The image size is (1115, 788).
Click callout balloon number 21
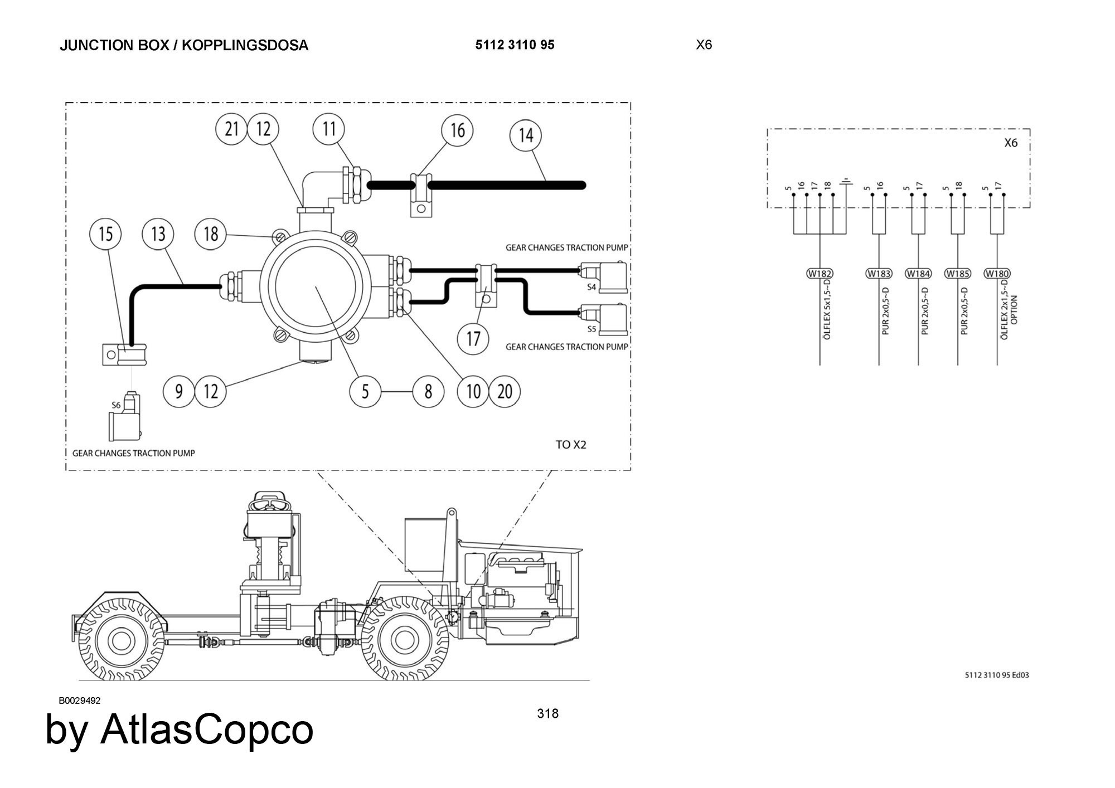pos(231,129)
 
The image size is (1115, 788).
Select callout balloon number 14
pos(526,135)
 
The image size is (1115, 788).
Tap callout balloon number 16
pos(457,130)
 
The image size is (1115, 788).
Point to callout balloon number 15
pos(106,234)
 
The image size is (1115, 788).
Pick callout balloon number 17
pos(473,338)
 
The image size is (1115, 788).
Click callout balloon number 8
pos(428,391)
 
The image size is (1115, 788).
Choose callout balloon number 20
pos(505,391)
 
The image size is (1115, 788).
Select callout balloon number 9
pos(179,391)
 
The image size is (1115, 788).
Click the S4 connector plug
pos(604,276)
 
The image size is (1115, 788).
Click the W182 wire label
pos(820,274)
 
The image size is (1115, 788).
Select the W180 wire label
pos(997,274)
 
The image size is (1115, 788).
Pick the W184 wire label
pos(918,274)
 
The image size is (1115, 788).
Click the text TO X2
pos(571,445)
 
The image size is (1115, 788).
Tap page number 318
pos(547,714)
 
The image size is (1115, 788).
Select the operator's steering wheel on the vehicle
pos(267,504)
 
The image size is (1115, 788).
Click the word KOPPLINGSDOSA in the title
pos(245,45)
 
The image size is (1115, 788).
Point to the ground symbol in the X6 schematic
pos(847,182)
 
